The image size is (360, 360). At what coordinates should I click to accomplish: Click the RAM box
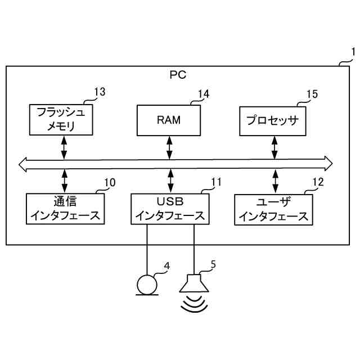click(169, 120)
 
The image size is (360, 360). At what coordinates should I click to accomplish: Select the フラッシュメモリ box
click(61, 120)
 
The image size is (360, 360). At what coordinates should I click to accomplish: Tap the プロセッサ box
click(273, 121)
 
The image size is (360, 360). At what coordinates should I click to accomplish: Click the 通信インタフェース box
click(65, 209)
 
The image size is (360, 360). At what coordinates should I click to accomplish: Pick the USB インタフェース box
click(170, 209)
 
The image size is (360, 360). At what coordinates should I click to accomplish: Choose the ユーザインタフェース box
click(274, 210)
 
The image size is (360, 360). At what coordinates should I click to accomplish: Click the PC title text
click(178, 75)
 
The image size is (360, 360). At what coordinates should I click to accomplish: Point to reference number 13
click(100, 92)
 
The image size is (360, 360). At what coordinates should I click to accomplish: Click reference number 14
click(204, 94)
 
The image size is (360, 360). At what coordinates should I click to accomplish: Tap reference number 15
click(312, 94)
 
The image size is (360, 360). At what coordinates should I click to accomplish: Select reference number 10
click(110, 182)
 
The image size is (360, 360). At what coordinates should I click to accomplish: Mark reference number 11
click(216, 182)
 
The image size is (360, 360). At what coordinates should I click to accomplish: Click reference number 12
click(318, 182)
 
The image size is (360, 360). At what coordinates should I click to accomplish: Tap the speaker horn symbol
click(194, 283)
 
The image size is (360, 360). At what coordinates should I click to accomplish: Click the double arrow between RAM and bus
click(169, 147)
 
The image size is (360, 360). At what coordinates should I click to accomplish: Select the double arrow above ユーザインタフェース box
click(275, 181)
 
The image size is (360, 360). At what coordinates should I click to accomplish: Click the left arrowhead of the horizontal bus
click(22, 164)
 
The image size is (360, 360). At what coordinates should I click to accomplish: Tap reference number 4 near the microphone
click(167, 265)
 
